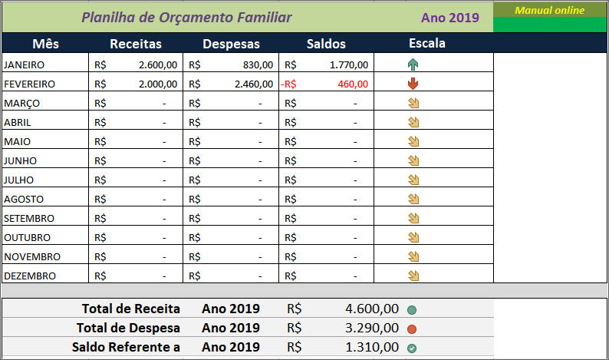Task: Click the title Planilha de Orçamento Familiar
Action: click(186, 17)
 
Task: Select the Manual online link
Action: click(549, 10)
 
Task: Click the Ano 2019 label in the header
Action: click(449, 18)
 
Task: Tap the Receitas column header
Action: click(136, 44)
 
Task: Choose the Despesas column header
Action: click(231, 44)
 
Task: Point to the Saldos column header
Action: click(326, 44)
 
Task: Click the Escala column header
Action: click(427, 43)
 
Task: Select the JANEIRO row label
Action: click(25, 65)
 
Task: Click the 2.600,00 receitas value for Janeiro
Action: click(158, 65)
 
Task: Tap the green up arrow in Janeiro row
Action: click(413, 65)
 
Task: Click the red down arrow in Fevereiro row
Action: click(413, 84)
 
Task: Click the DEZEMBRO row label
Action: click(29, 276)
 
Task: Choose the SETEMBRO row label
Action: click(28, 218)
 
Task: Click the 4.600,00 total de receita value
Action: click(372, 309)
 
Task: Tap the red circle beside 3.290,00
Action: click(412, 329)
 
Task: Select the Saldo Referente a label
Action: click(126, 347)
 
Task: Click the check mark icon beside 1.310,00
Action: click(412, 348)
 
